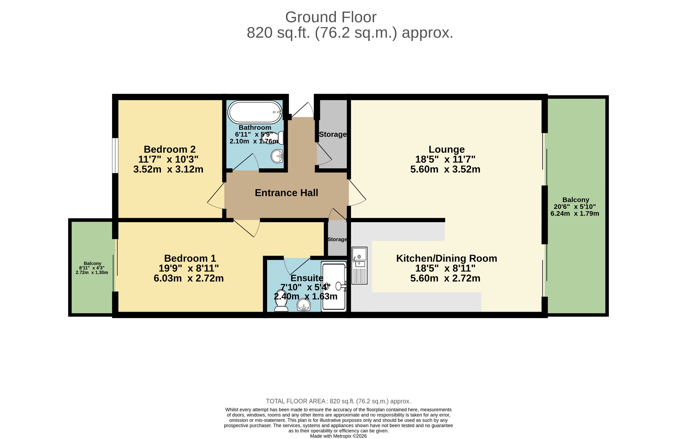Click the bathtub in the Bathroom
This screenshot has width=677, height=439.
(x=255, y=112)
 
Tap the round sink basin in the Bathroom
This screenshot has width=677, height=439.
(x=277, y=156)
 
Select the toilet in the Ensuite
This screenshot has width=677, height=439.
(x=281, y=301)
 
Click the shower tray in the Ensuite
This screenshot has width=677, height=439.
(x=334, y=286)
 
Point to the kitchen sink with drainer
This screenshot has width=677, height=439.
(x=359, y=265)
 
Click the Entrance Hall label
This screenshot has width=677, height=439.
(x=286, y=193)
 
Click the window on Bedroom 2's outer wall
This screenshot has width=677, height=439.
(x=115, y=155)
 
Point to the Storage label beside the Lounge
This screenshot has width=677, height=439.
(x=333, y=134)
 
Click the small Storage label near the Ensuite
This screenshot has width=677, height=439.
(x=337, y=239)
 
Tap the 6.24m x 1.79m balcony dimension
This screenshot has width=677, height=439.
(x=575, y=214)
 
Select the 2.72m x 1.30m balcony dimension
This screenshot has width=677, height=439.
(x=92, y=273)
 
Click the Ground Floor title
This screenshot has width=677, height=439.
(x=331, y=17)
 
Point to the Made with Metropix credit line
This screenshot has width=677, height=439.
(x=338, y=436)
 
